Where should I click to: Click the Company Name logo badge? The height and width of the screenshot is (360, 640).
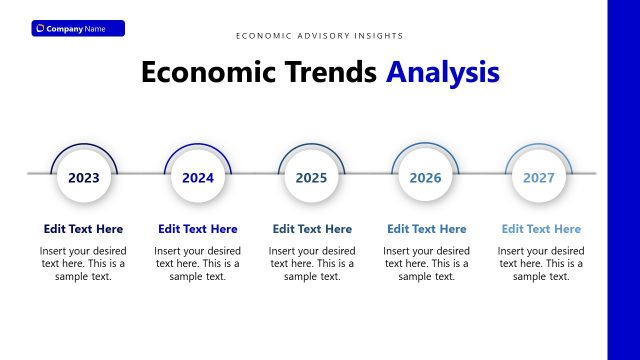point(78,28)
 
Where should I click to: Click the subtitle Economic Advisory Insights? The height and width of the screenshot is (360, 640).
point(320,36)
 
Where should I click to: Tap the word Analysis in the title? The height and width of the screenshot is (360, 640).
point(443,72)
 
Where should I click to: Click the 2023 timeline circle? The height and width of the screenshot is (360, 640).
point(84,178)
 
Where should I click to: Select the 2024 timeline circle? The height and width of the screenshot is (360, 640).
point(198,178)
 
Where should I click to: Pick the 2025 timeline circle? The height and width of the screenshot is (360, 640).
point(312,178)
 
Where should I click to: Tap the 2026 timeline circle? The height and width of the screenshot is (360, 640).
point(426,178)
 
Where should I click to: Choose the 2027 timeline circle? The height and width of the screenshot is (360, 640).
point(540,178)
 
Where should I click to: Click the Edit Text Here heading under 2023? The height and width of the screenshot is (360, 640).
point(84,229)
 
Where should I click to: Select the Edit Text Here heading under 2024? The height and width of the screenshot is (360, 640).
point(198,229)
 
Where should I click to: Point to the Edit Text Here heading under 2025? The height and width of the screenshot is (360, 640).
point(312,229)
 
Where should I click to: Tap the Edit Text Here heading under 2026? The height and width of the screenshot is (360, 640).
point(426,229)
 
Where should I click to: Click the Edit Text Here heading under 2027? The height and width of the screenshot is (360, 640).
point(541,229)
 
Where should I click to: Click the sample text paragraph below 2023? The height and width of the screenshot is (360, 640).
point(84,263)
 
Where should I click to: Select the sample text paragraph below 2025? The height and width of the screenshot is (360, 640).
point(312,263)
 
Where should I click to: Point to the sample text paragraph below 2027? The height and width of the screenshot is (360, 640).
point(541,263)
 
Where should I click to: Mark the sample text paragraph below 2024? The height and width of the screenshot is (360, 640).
point(198,263)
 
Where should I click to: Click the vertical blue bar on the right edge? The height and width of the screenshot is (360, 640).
point(623,180)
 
